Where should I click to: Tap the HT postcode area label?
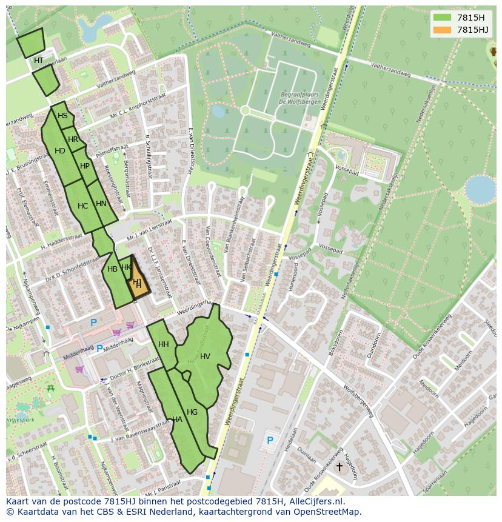click(39, 61)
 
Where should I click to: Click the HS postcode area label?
click(62, 116)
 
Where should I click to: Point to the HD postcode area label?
click(60, 151)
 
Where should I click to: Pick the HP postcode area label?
click(85, 166)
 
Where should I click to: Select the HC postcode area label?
click(83, 206)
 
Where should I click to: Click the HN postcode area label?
click(101, 204)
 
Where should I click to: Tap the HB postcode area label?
click(112, 269)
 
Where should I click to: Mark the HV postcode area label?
click(205, 356)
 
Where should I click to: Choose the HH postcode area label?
click(164, 344)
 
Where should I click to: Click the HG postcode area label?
click(192, 412)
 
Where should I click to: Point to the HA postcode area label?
click(177, 420)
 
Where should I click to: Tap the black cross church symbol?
click(340, 466)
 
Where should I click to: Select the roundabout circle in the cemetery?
click(245, 110)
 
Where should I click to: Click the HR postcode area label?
click(73, 139)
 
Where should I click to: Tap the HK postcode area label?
click(126, 267)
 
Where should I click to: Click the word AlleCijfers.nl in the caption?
click(315, 501)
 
